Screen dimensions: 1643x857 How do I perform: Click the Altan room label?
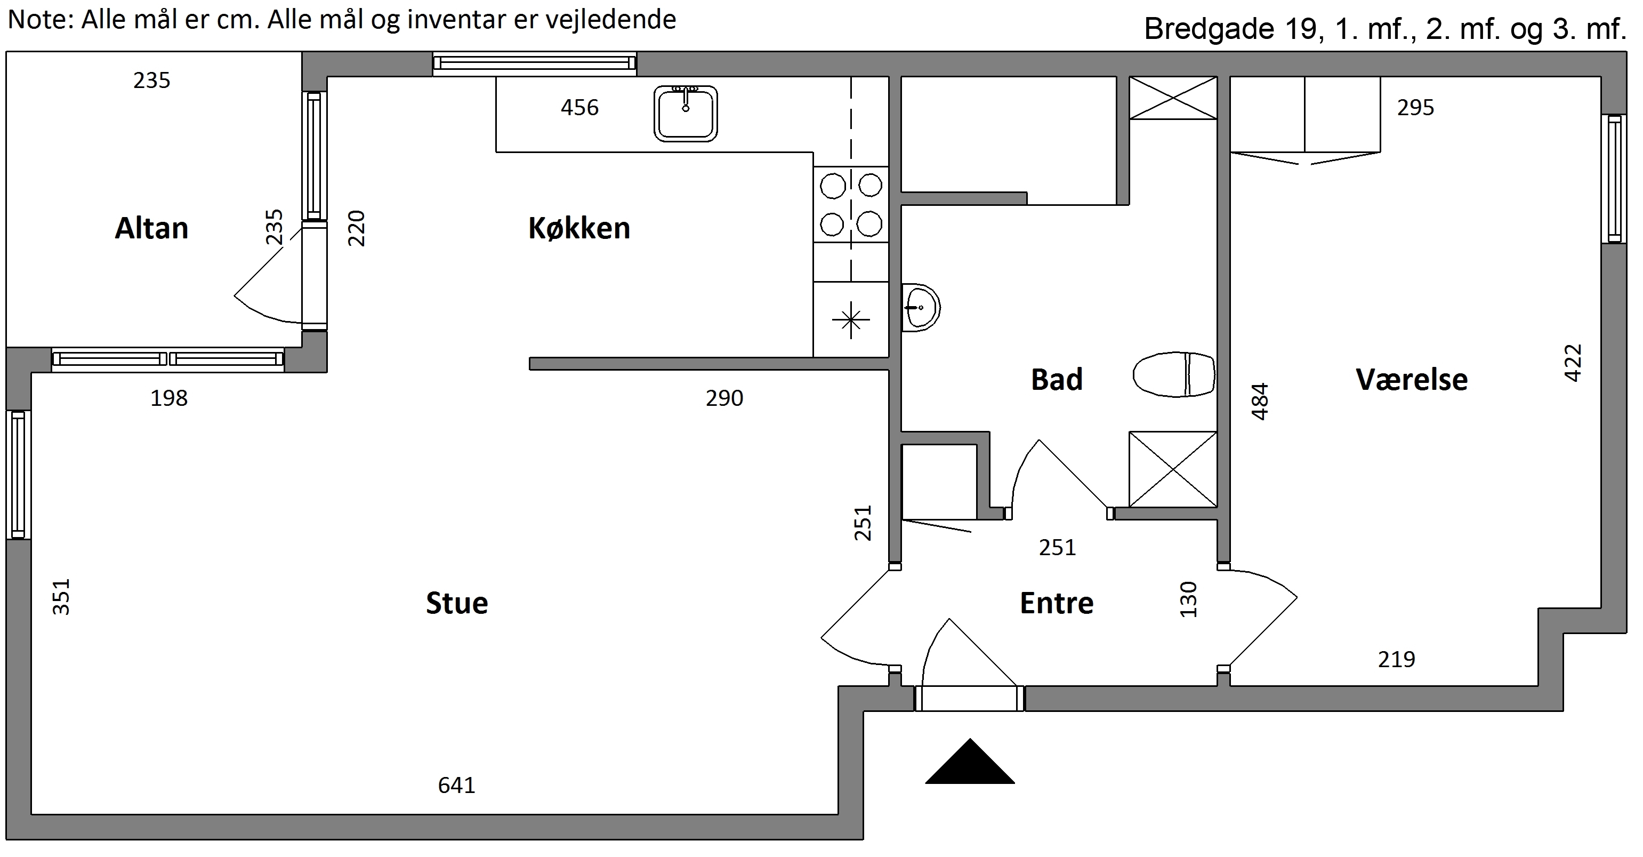(x=152, y=228)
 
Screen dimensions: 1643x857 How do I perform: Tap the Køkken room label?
(x=579, y=228)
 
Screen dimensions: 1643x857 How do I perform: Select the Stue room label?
(x=457, y=603)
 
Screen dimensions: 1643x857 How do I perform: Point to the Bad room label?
(x=1057, y=380)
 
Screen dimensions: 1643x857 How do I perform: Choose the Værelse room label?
(x=1412, y=380)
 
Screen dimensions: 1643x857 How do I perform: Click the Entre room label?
(x=1057, y=603)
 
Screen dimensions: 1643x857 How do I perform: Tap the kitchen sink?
(x=686, y=114)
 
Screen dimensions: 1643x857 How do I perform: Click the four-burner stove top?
(x=851, y=204)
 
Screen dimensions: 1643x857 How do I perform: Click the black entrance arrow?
(x=970, y=762)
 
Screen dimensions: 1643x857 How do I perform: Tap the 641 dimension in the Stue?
(x=457, y=785)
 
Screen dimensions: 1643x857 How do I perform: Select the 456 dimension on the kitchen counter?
(x=580, y=107)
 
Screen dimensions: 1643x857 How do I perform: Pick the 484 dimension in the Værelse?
(x=1260, y=402)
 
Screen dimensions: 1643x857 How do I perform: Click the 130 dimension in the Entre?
(x=1189, y=599)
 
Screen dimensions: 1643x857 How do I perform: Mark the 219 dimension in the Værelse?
(x=1397, y=659)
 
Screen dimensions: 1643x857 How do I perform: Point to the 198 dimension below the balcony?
(x=169, y=398)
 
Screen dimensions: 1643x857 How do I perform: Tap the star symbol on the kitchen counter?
(x=851, y=319)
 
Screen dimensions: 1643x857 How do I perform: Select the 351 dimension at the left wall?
(x=61, y=597)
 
